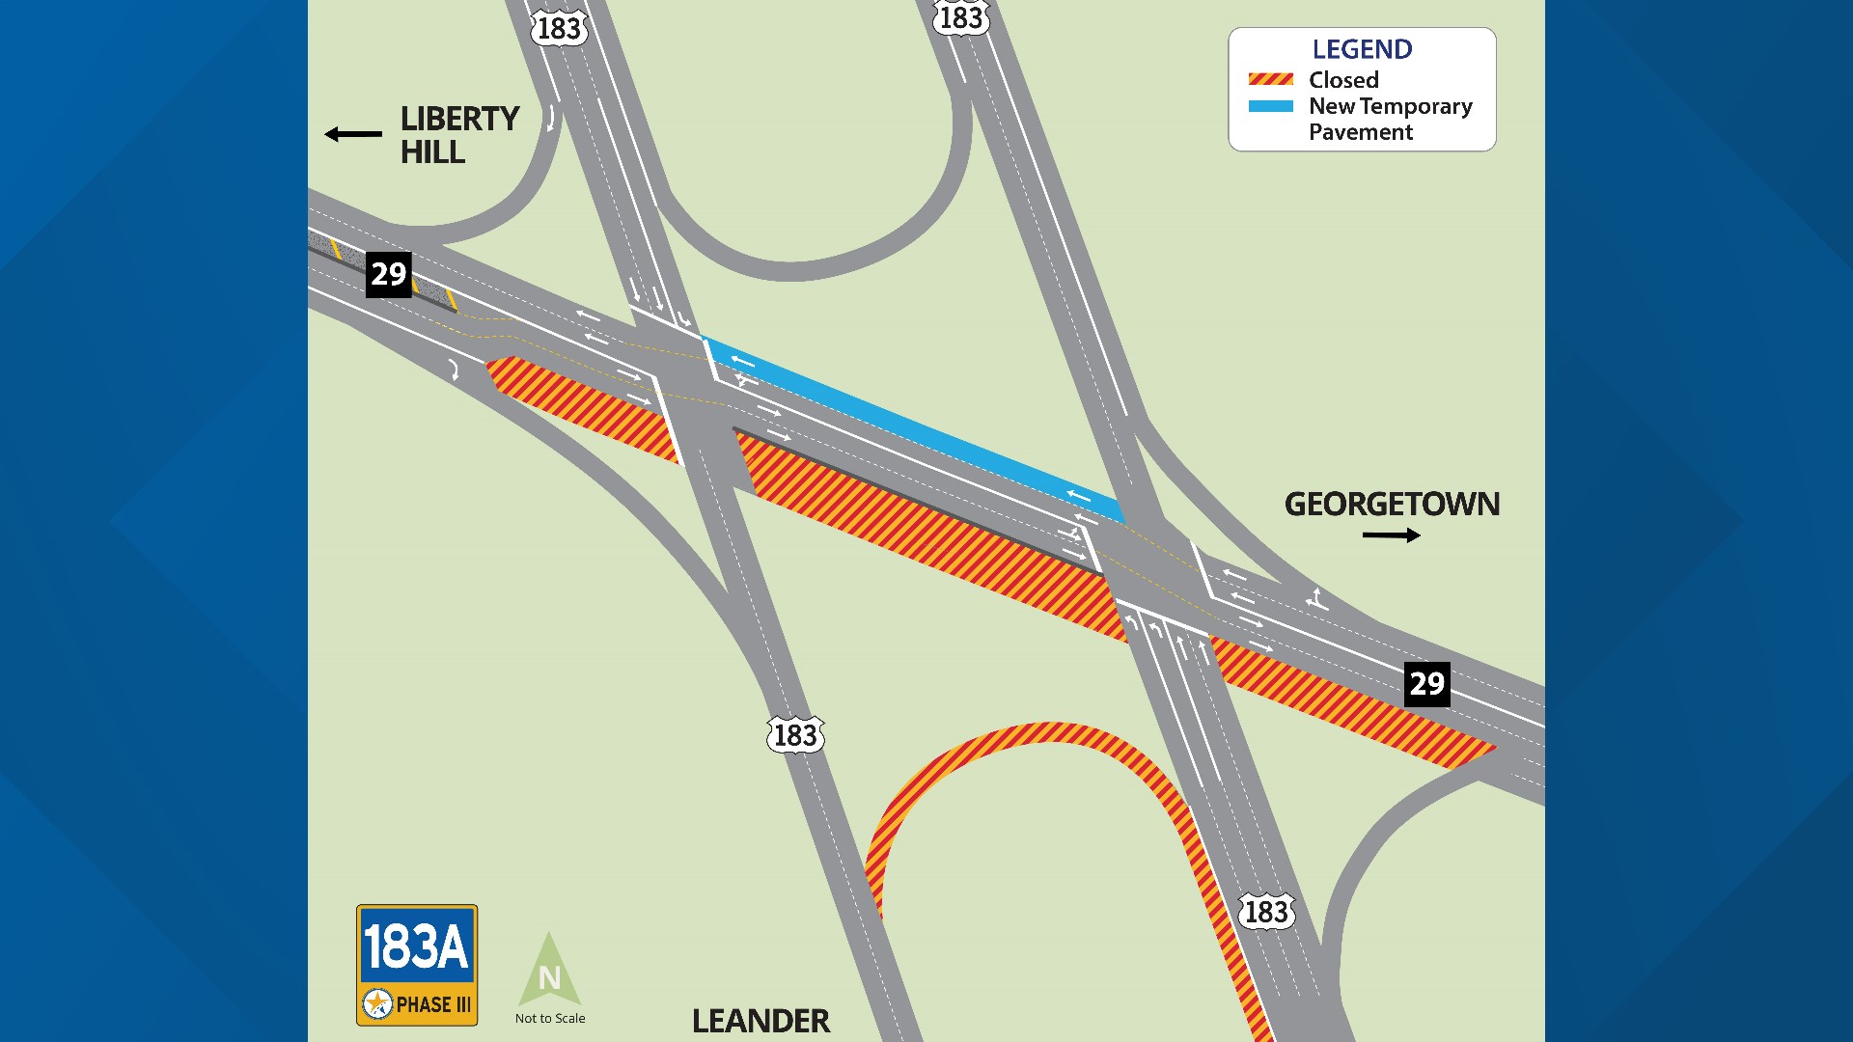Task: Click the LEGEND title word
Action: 1362,49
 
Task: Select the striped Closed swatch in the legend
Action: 1270,79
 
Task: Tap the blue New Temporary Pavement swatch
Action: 1270,106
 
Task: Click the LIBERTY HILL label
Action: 459,135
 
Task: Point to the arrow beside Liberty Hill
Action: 353,134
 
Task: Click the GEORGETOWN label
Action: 1392,504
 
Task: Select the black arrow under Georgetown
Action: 1391,535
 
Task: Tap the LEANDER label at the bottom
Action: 761,1020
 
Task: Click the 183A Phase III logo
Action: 417,965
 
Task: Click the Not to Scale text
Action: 550,1018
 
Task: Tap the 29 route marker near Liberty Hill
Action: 389,274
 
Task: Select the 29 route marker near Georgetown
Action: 1426,684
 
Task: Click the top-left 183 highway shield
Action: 559,28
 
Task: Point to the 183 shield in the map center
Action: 795,735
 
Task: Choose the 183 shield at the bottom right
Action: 1265,912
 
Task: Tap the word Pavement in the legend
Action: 1361,132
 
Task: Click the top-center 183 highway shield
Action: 961,17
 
